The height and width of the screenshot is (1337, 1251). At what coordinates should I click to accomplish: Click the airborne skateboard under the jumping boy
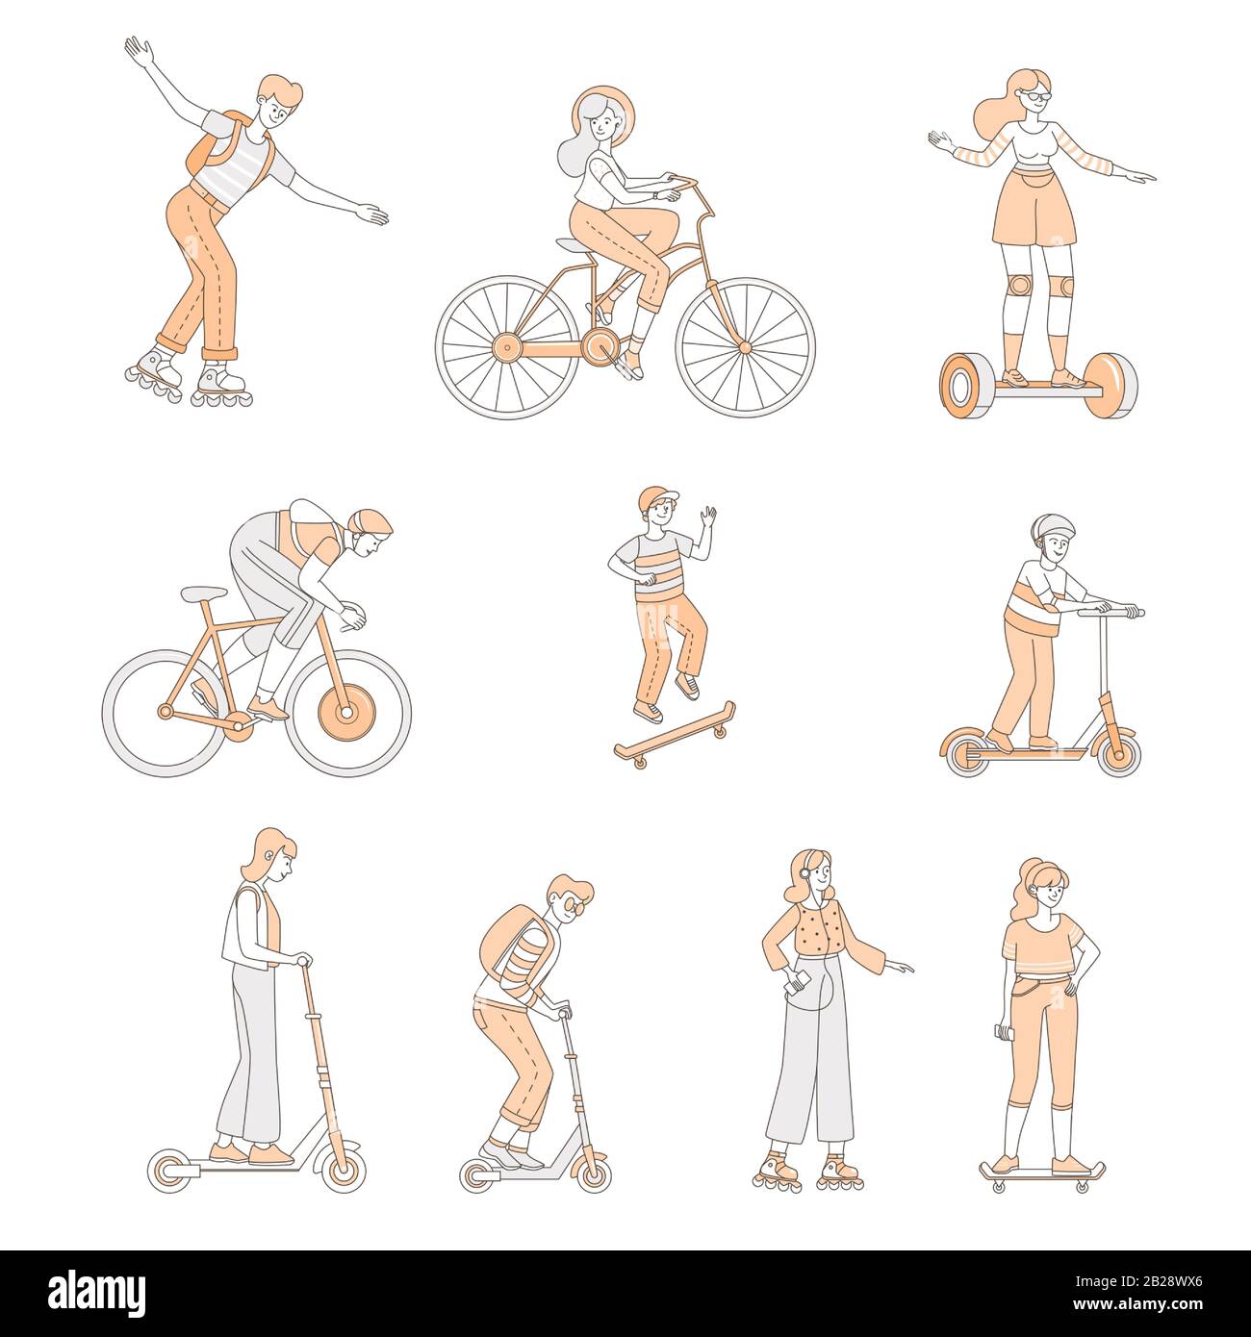click(674, 735)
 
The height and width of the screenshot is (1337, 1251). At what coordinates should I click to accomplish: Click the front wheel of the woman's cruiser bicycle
click(745, 347)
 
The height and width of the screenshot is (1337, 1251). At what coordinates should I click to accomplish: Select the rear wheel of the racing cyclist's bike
click(166, 712)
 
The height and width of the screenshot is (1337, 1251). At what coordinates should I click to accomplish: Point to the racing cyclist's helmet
click(370, 521)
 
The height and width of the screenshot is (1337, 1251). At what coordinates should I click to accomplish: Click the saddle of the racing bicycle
click(203, 593)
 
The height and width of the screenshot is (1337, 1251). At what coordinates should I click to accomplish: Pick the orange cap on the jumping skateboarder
click(657, 497)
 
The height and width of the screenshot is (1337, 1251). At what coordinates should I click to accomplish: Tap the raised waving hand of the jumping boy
click(707, 517)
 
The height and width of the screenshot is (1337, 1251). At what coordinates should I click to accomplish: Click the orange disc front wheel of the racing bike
click(346, 712)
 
